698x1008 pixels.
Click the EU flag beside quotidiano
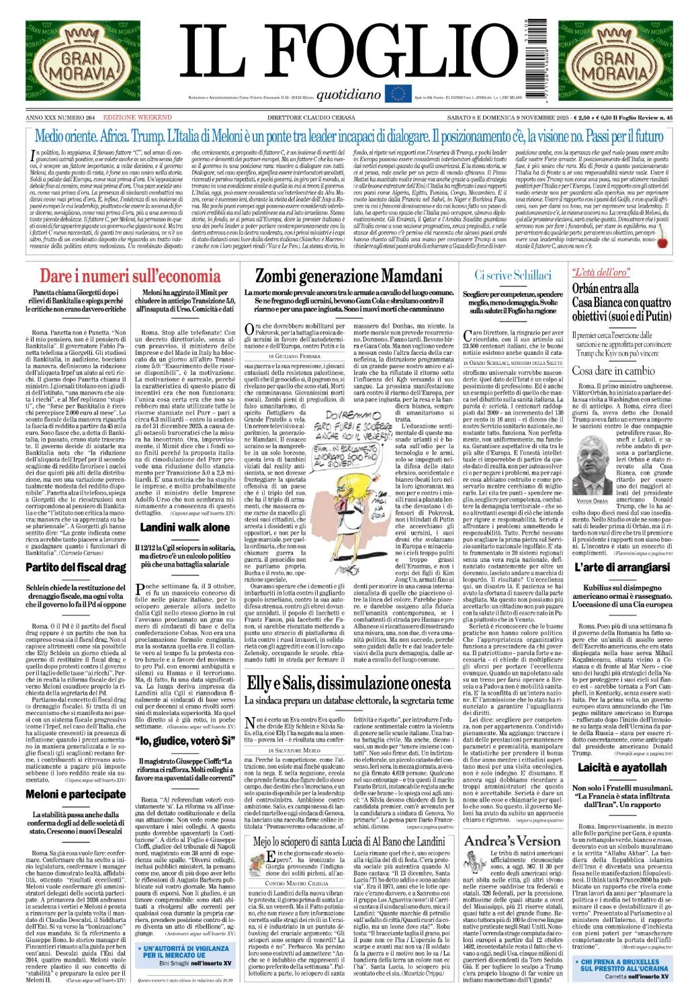pyautogui.click(x=398, y=94)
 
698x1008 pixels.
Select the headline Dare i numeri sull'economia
pyautogui.click(x=130, y=276)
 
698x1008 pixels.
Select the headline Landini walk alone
pyautogui.click(x=185, y=528)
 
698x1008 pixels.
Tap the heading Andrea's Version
pyautogui.click(x=512, y=842)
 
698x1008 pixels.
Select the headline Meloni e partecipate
pyautogui.click(x=76, y=794)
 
